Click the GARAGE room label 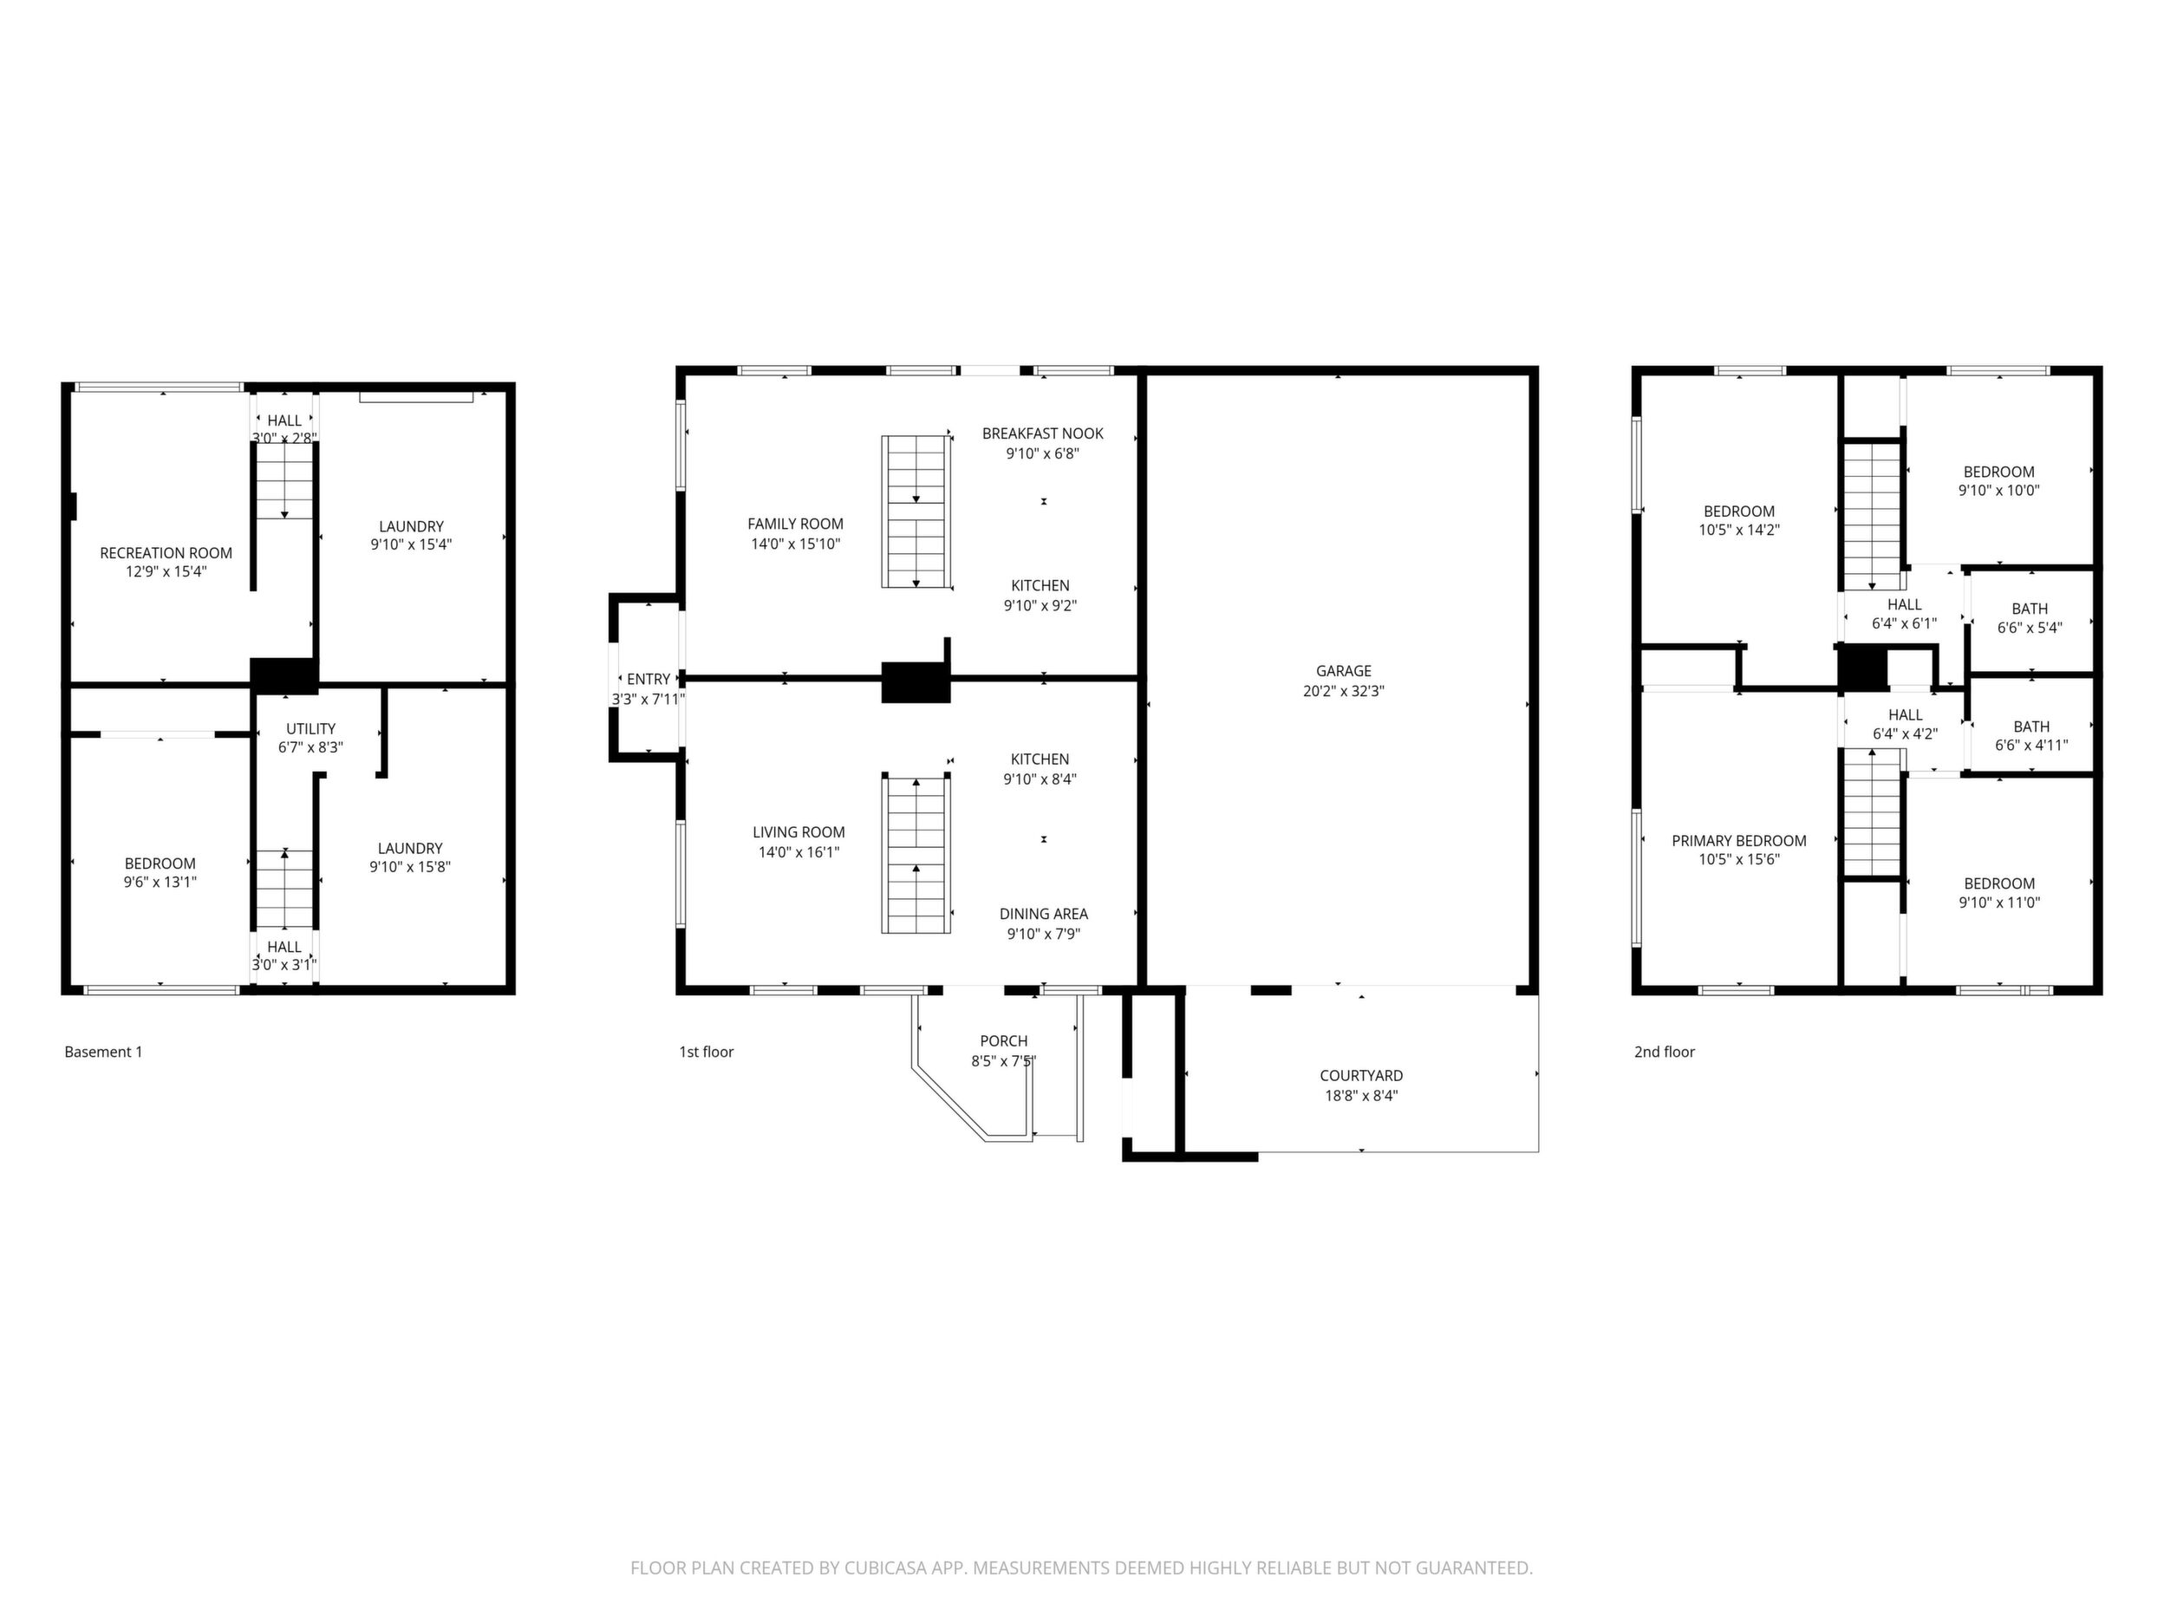point(1343,671)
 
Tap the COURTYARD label point(1361,1076)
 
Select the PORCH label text point(1004,1041)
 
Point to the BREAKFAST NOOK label point(1043,433)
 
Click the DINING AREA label point(1044,914)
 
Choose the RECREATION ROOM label point(166,553)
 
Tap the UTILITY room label point(311,729)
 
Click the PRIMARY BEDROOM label point(1739,840)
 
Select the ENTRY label point(649,679)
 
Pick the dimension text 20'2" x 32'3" point(1343,691)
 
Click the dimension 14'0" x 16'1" point(799,852)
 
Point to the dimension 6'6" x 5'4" point(2030,628)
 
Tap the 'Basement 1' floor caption point(104,1052)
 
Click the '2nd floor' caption point(1664,1052)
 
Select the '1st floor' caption point(707,1052)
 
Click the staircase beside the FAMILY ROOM point(916,512)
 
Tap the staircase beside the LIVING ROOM point(916,853)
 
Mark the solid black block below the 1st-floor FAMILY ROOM point(916,681)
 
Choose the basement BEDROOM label point(160,864)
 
